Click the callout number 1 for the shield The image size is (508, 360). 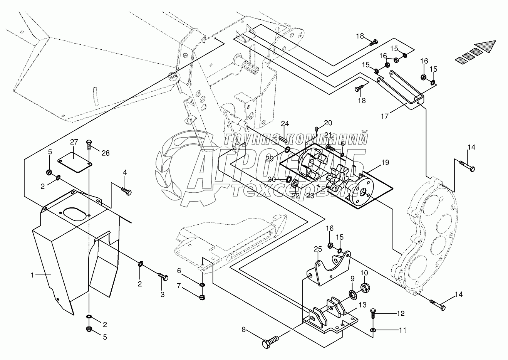pyautogui.click(x=33, y=275)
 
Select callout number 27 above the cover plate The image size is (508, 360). pyautogui.click(x=74, y=142)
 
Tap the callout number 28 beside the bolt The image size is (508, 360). pyautogui.click(x=105, y=153)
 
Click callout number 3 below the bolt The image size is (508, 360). pyautogui.click(x=162, y=294)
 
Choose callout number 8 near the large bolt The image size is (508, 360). pyautogui.click(x=243, y=330)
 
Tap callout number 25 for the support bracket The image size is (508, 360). pyautogui.click(x=318, y=250)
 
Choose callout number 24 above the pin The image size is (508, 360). pyautogui.click(x=284, y=124)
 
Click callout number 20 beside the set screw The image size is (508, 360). pyautogui.click(x=328, y=123)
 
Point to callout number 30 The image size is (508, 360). pyautogui.click(x=272, y=180)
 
